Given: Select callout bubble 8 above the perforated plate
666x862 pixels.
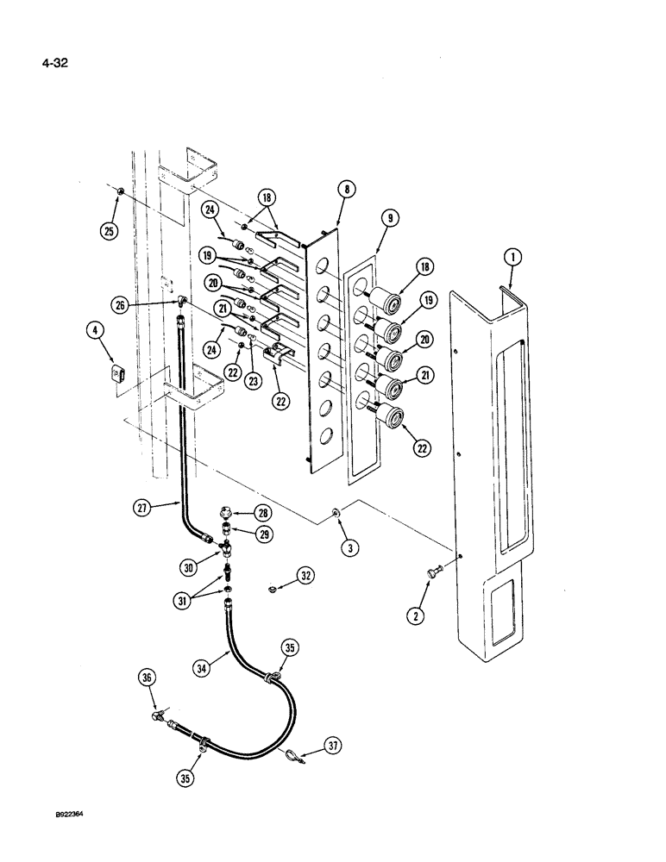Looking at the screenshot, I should (347, 189).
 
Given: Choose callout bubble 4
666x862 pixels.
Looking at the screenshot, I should (95, 329).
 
